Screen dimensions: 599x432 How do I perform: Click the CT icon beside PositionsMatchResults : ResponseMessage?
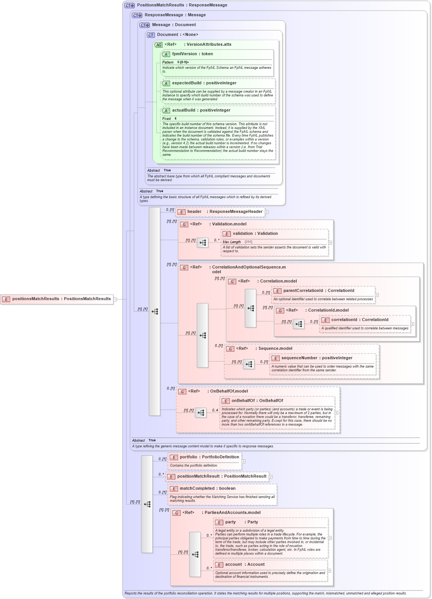tap(129, 6)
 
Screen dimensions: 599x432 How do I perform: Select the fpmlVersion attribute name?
tap(184, 54)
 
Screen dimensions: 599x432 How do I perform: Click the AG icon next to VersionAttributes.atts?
tap(158, 45)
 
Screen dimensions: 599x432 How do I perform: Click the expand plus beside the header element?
tap(267, 212)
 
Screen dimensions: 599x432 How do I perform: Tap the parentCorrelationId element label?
tap(303, 291)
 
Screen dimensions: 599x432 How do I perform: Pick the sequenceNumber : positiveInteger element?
tap(317, 358)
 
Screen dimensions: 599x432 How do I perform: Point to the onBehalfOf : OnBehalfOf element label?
tap(257, 401)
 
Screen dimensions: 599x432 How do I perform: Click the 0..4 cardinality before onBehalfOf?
tap(215, 410)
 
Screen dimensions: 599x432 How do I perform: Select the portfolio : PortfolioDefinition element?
tap(209, 457)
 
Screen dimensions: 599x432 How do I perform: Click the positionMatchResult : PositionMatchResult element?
tap(222, 476)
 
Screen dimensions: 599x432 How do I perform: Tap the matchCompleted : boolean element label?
tap(207, 489)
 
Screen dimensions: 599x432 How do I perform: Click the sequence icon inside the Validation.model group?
tap(203, 243)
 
